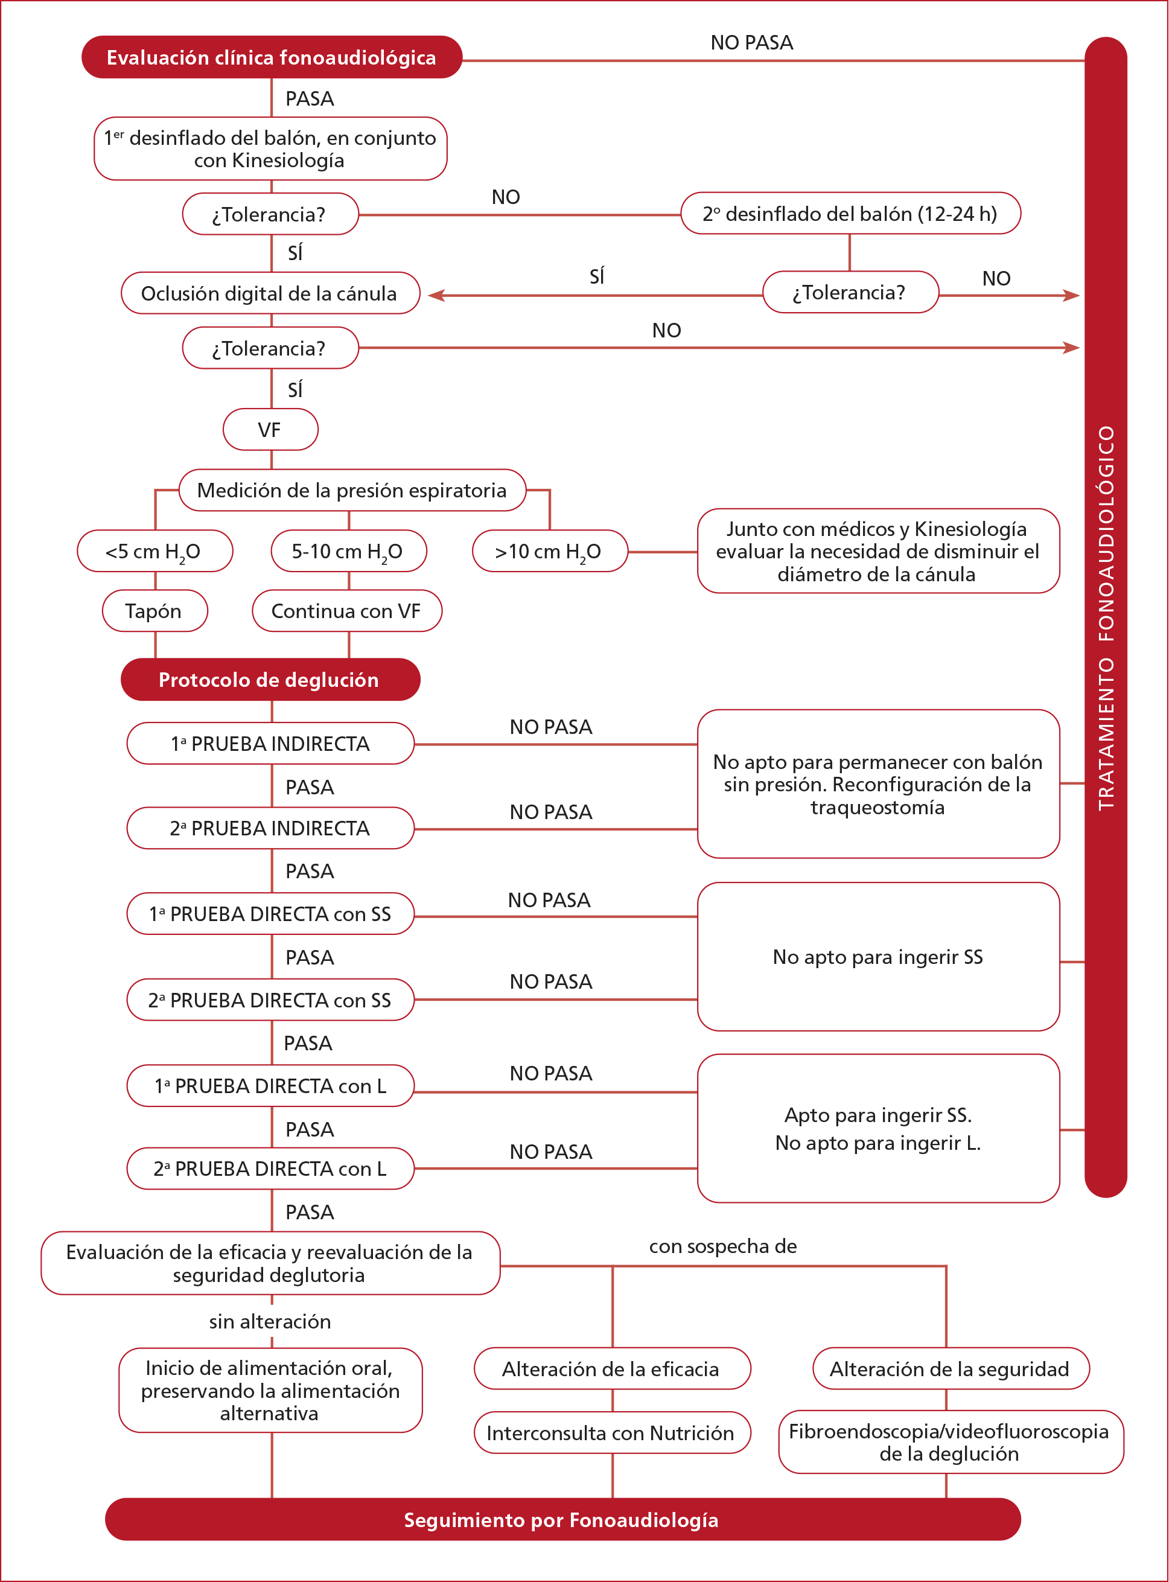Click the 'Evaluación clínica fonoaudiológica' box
pos(272,57)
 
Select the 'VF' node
pos(270,430)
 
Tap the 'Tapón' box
pos(154,611)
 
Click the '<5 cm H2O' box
pos(154,551)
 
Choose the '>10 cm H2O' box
pos(549,551)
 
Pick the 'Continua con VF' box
pos(347,611)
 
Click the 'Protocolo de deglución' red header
pos(270,680)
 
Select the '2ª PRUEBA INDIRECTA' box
pos(270,828)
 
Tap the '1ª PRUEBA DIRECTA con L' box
pos(270,1085)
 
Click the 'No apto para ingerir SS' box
pos(878,957)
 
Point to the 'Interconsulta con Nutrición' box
pos(611,1433)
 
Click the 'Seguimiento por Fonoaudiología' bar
pos(562,1520)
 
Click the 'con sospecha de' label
pos(723,1246)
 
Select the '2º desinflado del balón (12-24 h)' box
pos(850,214)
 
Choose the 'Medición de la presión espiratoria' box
pos(352,490)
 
